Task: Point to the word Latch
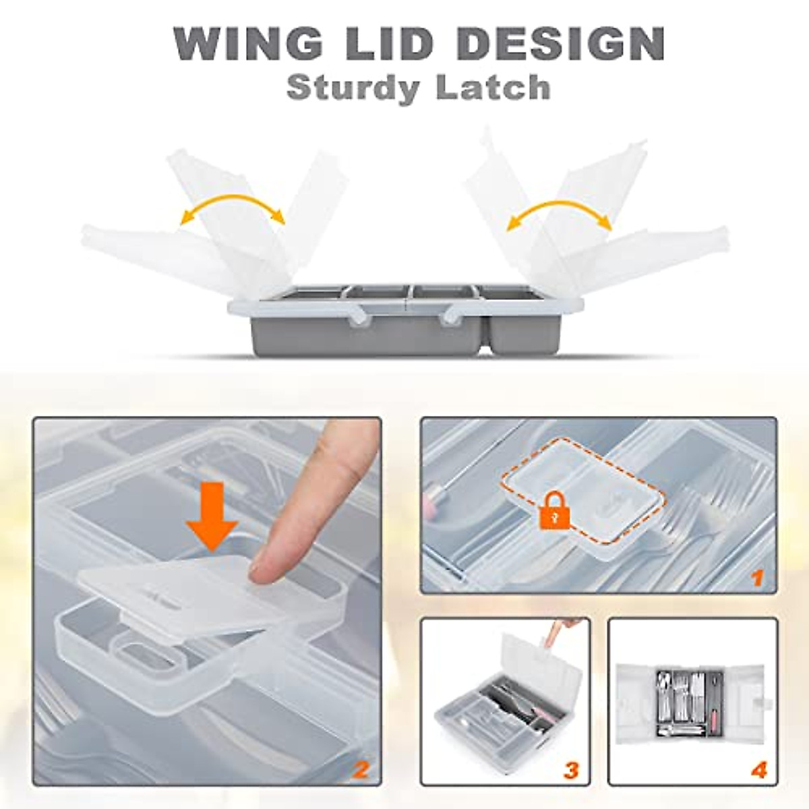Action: [x=493, y=88]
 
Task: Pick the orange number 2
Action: [x=361, y=769]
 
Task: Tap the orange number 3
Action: [x=571, y=769]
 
